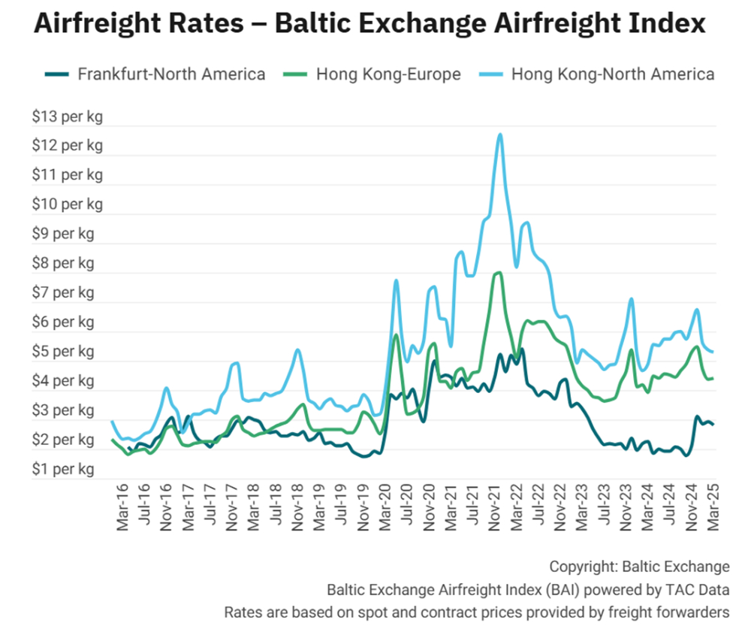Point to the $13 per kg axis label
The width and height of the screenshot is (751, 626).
67,116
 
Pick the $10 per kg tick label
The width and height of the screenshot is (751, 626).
67,204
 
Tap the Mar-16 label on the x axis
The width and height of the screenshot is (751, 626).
123,510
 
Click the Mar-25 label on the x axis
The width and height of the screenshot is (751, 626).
710,510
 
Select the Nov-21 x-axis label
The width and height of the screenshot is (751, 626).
495,510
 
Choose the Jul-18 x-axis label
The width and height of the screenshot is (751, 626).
276,510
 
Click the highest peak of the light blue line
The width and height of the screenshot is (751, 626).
500,135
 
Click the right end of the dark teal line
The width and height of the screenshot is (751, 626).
712,425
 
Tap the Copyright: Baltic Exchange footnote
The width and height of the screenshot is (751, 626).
639,566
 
